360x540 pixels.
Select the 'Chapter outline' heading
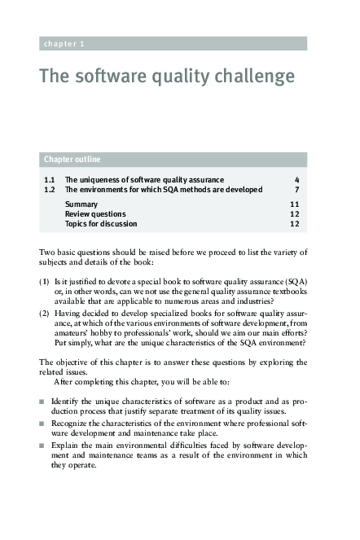point(72,159)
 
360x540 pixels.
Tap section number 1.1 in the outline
point(49,179)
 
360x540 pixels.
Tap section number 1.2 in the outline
point(49,189)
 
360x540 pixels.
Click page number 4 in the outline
point(297,179)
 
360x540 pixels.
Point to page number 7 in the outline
point(297,189)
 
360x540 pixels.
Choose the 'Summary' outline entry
point(81,204)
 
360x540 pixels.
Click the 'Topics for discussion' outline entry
point(101,223)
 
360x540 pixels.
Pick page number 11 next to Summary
point(295,204)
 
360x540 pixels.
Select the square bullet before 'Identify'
point(42,402)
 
